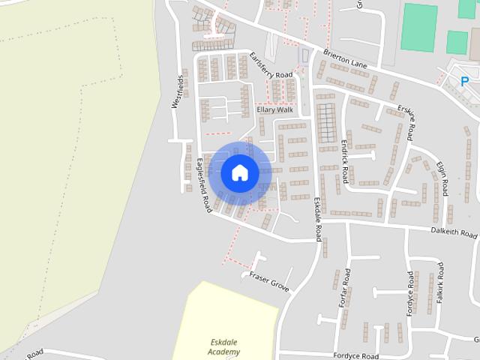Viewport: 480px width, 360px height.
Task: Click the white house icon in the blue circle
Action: tap(239, 172)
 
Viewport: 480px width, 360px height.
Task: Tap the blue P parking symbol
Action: tap(464, 81)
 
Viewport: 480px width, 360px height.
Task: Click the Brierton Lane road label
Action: tap(346, 60)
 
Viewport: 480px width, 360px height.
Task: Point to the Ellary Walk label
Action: tap(274, 109)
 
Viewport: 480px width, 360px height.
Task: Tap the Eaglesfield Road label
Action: tap(202, 184)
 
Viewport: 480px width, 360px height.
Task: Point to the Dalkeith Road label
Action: tap(454, 234)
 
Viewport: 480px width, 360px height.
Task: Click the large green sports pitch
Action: tap(418, 27)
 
